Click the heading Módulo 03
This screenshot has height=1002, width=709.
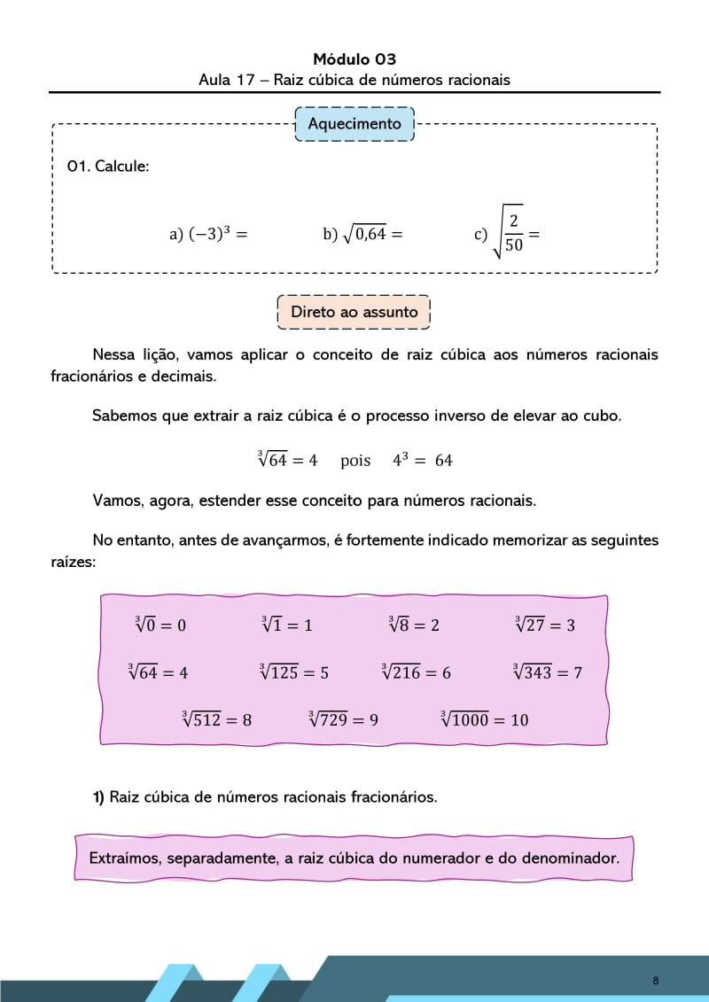[x=354, y=59]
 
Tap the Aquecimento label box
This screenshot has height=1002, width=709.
[x=354, y=124]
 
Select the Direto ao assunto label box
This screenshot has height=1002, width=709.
[x=354, y=312]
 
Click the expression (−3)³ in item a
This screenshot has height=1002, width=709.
[x=210, y=234]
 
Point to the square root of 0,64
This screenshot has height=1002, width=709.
[x=364, y=234]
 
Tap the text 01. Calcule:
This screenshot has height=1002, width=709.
[x=108, y=166]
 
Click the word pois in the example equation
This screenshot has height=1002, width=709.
[x=355, y=461]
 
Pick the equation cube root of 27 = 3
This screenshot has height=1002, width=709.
[x=545, y=625]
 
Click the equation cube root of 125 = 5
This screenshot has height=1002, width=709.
[x=293, y=672]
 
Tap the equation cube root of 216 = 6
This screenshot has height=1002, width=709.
[x=416, y=672]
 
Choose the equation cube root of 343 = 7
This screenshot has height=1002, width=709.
[x=548, y=672]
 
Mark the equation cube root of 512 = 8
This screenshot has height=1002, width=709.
[x=216, y=719]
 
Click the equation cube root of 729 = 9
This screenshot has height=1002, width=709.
[x=343, y=719]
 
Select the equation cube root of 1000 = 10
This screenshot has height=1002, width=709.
[x=485, y=719]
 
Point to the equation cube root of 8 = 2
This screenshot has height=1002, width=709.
[x=414, y=625]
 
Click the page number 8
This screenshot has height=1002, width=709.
[x=655, y=980]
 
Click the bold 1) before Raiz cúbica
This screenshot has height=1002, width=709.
[x=99, y=796]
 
